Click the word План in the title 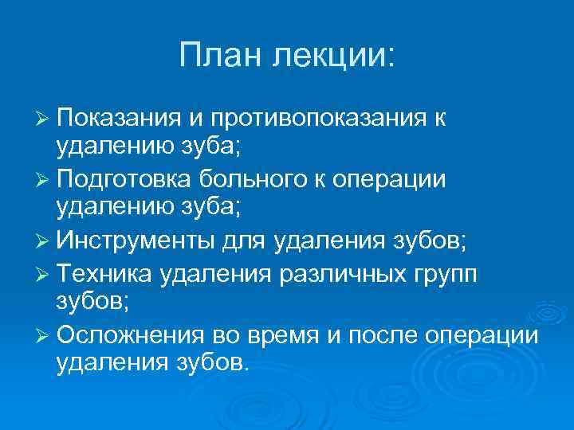point(222,57)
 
